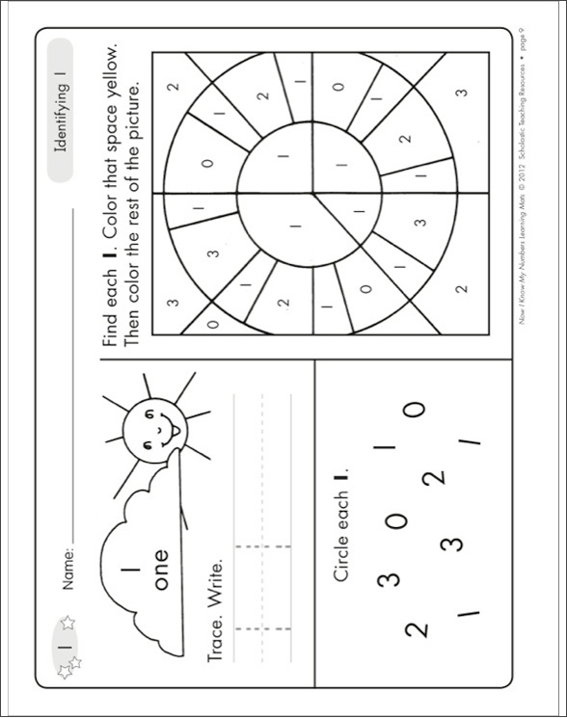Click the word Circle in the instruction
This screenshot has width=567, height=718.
point(339,558)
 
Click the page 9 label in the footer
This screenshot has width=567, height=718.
point(522,48)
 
